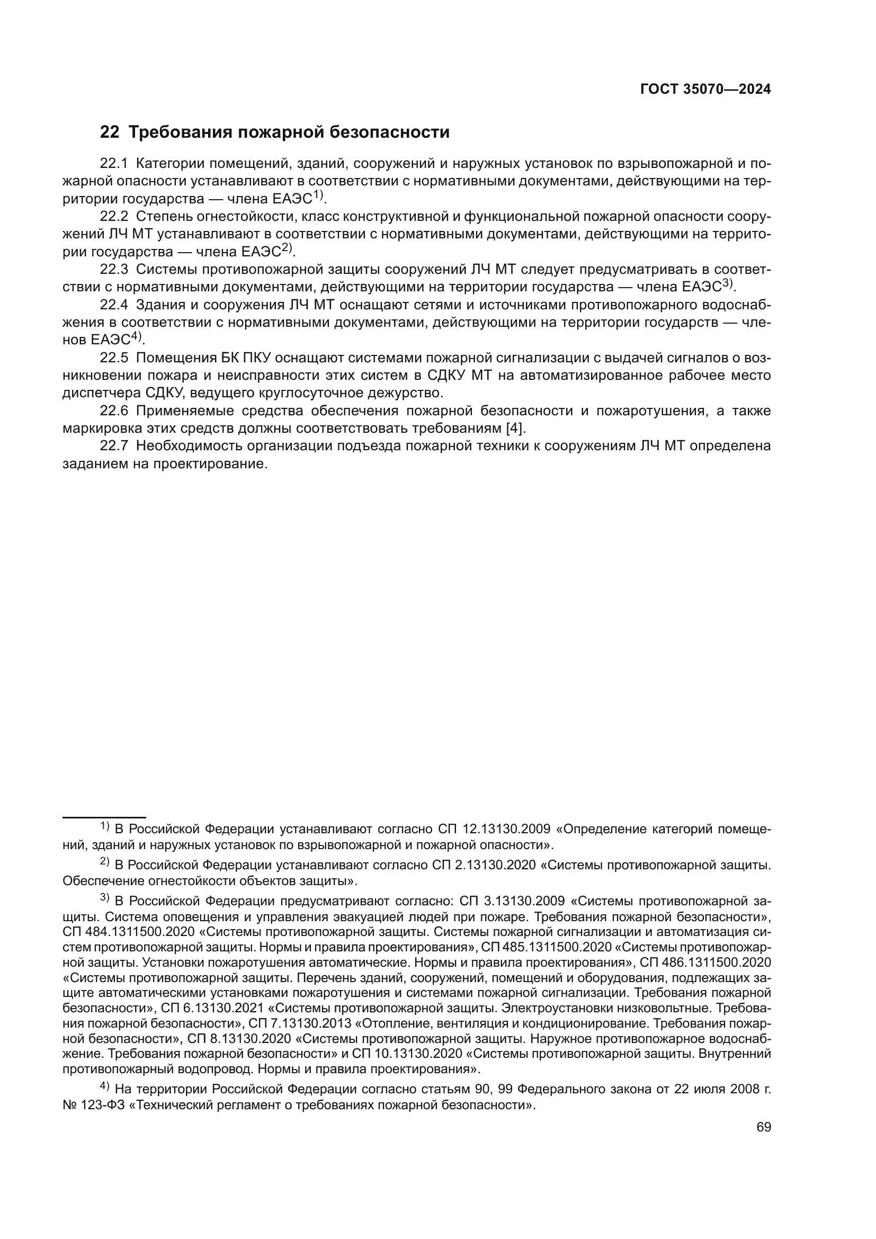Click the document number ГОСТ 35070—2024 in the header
(x=705, y=90)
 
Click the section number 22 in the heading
(x=110, y=132)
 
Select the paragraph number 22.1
(x=114, y=164)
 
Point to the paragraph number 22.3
(x=114, y=269)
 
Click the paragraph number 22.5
(x=114, y=358)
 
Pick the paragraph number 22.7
(x=114, y=445)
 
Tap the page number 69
(x=763, y=1127)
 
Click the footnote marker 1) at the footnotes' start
(x=105, y=827)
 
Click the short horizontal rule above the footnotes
(x=104, y=817)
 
